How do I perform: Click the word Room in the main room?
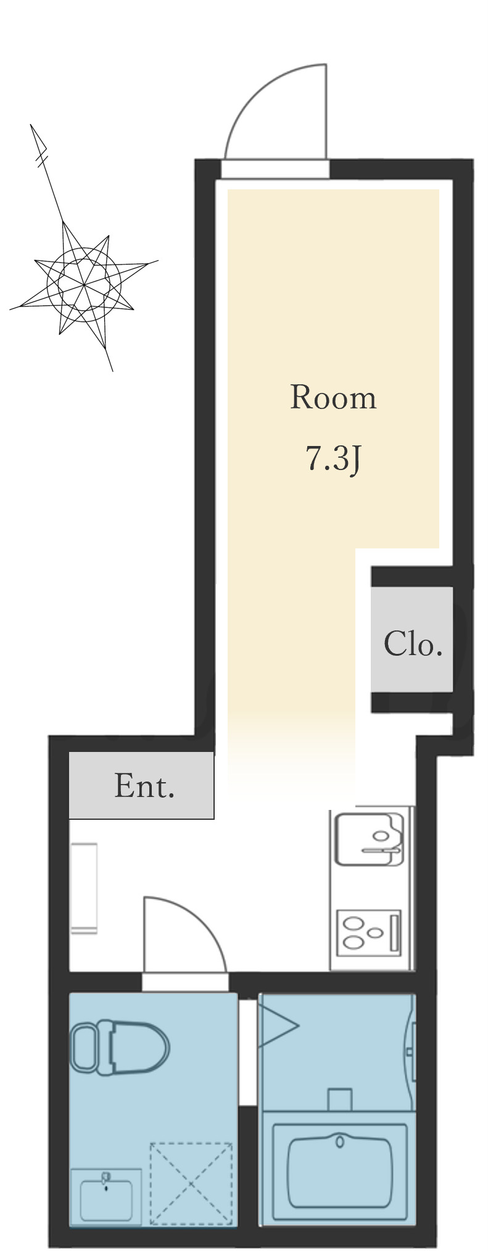pos(333,398)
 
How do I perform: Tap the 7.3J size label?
pos(333,459)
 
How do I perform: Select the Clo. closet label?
pos(413,644)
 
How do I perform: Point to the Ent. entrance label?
pos(144,787)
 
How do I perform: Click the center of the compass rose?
pos(84,284)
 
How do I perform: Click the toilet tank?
pos(84,1048)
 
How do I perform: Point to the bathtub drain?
pos(340,1141)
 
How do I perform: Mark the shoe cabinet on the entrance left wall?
pos(84,888)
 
